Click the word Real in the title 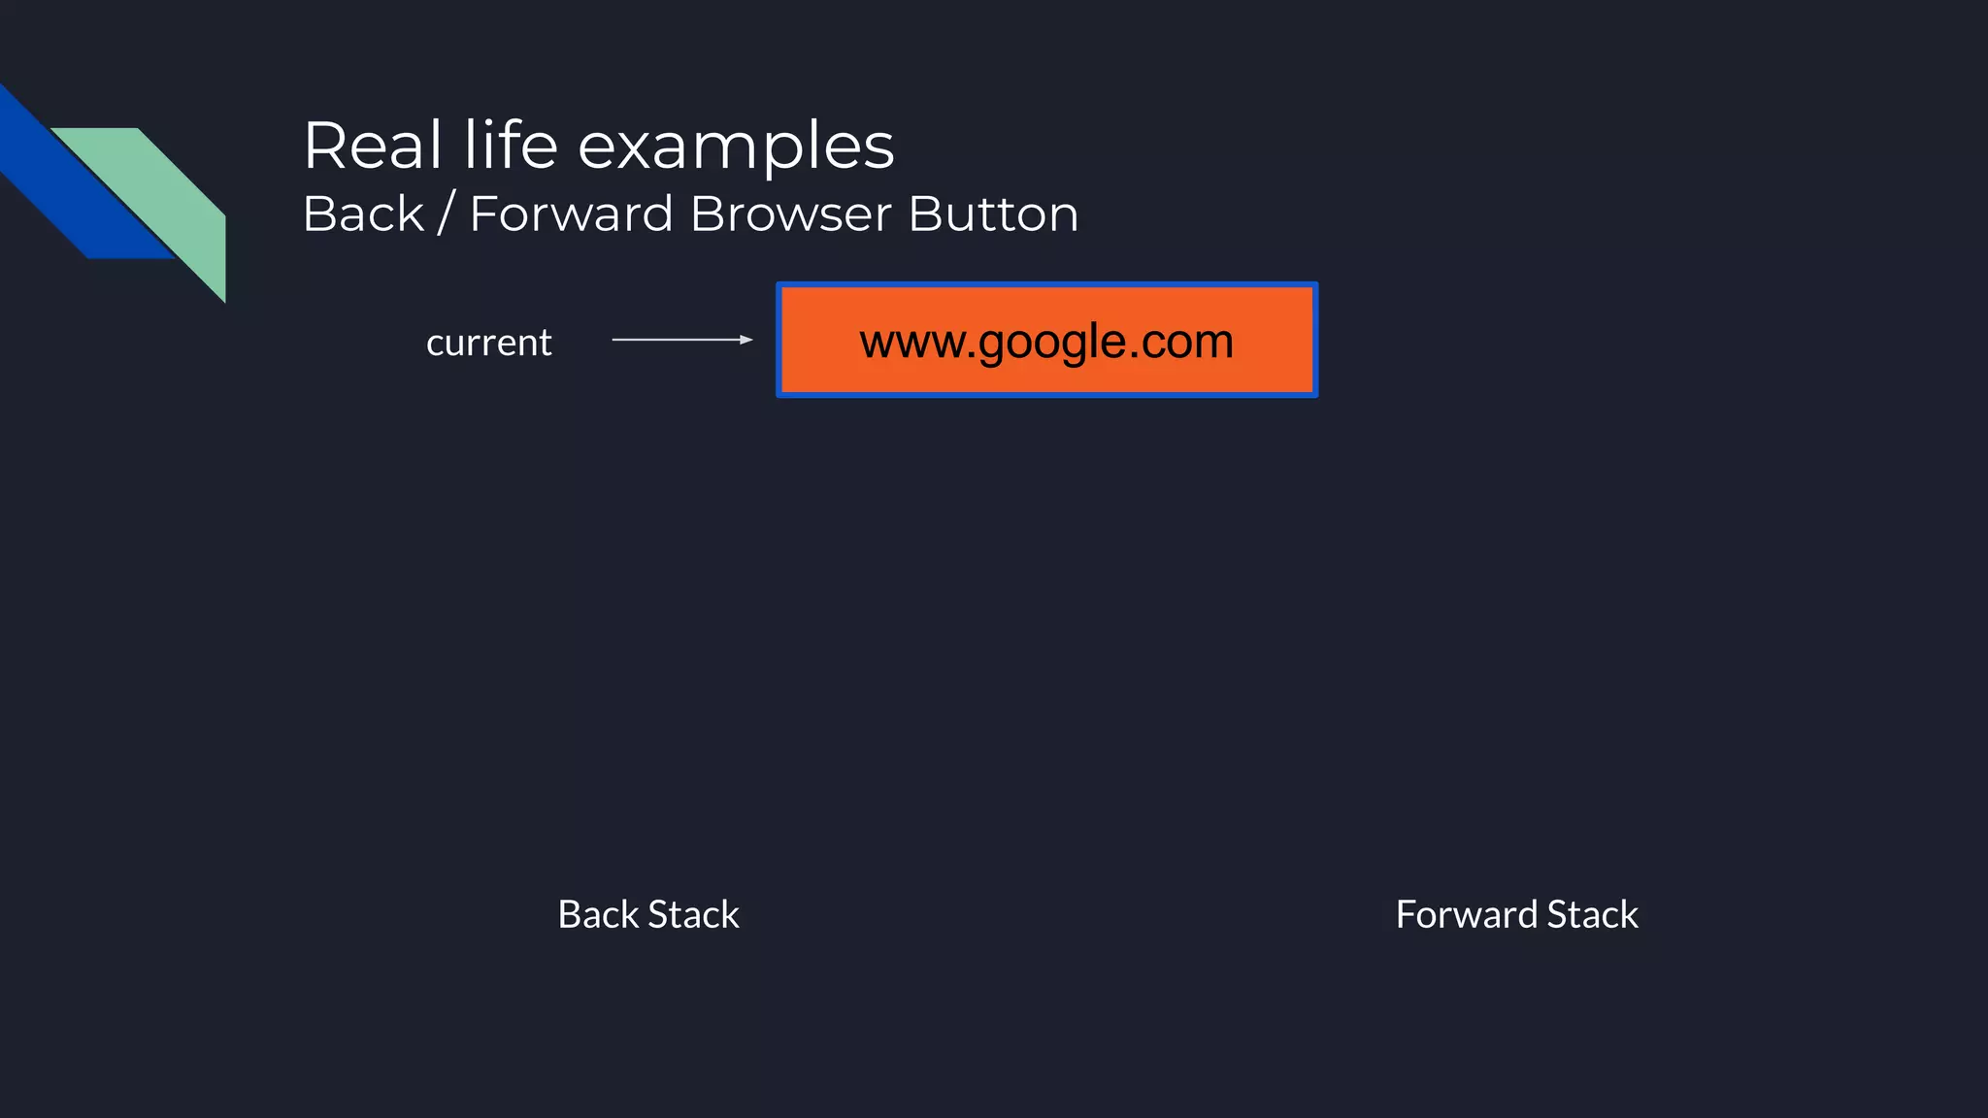(373, 146)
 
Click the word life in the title (511, 146)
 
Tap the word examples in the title (736, 148)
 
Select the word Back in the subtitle (363, 214)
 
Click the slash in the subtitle (446, 214)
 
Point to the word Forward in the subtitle (571, 214)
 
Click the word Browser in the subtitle (790, 214)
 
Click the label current (488, 343)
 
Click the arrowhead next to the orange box (746, 340)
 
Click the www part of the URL (911, 343)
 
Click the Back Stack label (648, 914)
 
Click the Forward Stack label (1516, 914)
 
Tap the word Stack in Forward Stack (1592, 914)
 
